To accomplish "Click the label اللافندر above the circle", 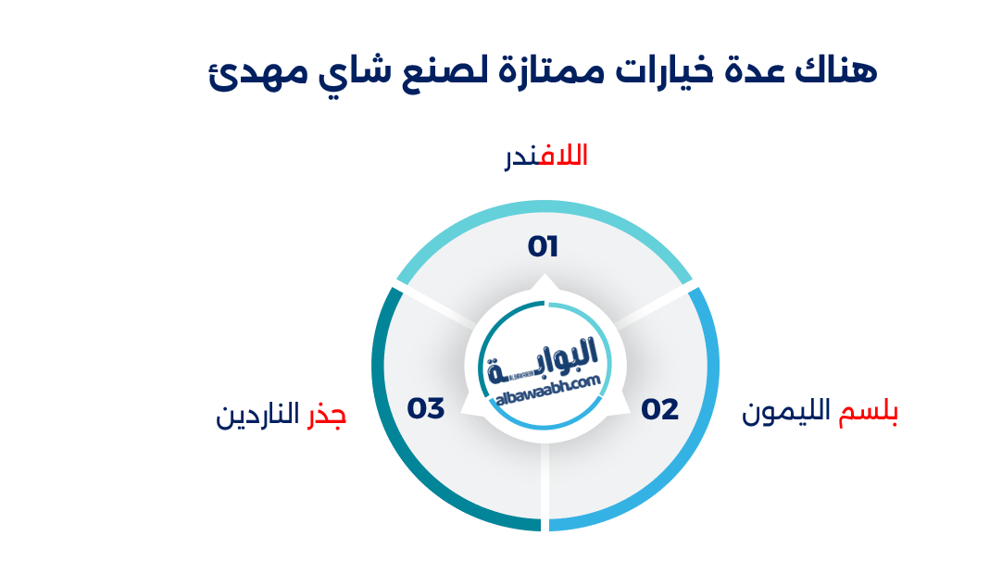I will point(545,156).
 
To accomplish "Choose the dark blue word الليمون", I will point(789,414).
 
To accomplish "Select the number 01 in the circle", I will point(544,247).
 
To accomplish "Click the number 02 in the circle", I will point(660,409).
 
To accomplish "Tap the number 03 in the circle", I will point(427,408).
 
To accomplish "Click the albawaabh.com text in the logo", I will point(547,390).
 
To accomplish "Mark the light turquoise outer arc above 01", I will point(545,217).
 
